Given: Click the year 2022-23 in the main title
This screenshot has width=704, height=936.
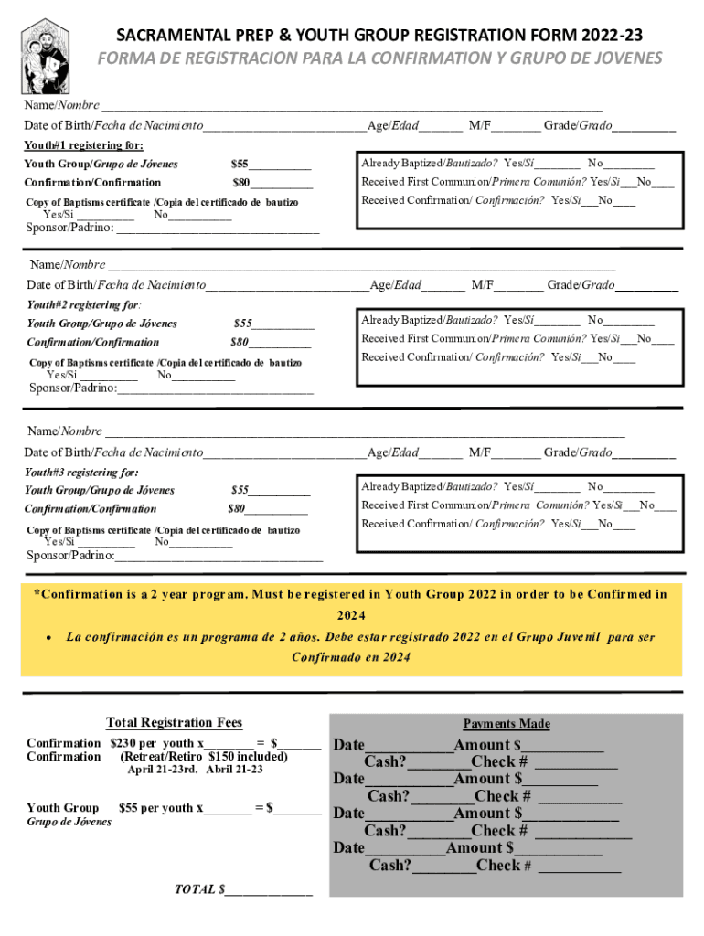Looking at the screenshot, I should (612, 36).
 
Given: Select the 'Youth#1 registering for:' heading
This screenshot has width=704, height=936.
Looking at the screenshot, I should (83, 145).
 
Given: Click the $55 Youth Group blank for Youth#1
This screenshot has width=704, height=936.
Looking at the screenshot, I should (280, 165).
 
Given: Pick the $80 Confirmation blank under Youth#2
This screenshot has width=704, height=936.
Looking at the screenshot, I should (283, 343).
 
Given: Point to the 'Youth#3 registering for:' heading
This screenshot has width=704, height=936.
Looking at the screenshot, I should (81, 473).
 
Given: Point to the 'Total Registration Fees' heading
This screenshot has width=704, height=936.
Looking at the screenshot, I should (174, 723).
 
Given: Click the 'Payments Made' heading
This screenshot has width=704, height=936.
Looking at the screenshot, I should (506, 724).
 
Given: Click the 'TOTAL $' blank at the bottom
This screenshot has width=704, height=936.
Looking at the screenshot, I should (269, 889).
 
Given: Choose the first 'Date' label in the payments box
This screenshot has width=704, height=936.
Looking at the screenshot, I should (348, 745).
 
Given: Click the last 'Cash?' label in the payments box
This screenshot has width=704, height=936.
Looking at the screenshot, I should (389, 865).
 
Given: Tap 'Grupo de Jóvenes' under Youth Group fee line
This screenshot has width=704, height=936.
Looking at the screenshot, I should (69, 822).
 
